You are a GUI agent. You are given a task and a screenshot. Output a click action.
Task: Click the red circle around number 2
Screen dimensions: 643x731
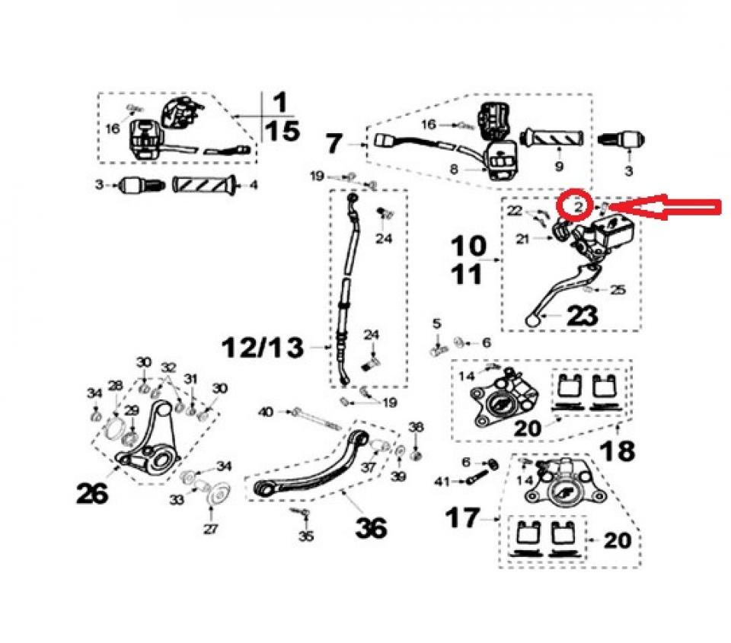click(x=573, y=204)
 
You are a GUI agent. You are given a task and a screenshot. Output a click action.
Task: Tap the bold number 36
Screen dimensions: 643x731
click(x=371, y=526)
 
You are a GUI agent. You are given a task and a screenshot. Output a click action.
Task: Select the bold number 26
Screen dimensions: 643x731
click(x=91, y=494)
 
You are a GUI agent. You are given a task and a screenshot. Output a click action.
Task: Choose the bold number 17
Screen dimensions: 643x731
click(x=463, y=520)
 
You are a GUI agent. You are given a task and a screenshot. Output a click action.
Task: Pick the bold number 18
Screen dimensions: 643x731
click(x=618, y=450)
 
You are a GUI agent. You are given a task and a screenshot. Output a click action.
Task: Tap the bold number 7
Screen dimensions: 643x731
click(x=336, y=142)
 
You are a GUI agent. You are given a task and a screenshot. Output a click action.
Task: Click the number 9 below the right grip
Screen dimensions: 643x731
click(x=558, y=166)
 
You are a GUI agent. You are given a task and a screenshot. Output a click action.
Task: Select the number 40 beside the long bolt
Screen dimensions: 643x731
click(x=266, y=412)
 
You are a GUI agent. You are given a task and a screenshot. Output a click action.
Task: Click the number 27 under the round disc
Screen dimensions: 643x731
click(x=210, y=529)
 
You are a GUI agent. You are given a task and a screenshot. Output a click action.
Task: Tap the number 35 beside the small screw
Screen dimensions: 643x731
click(x=305, y=536)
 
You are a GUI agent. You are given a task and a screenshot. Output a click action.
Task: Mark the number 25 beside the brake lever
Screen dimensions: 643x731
click(x=618, y=290)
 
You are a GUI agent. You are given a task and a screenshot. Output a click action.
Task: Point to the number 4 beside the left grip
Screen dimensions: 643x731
click(x=254, y=184)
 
